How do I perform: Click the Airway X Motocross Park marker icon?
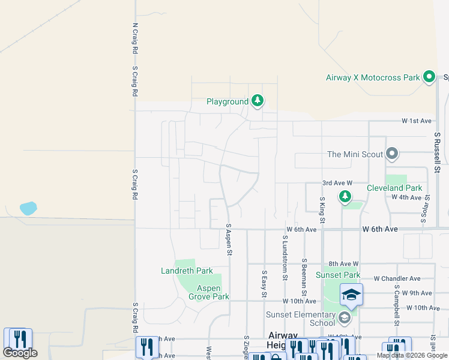(429, 77)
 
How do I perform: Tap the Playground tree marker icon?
(258, 101)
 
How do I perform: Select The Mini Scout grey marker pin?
(392, 154)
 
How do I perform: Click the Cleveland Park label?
(394, 188)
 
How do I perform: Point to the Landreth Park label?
(187, 271)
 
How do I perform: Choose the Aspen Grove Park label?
(208, 292)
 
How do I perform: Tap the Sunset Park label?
(342, 275)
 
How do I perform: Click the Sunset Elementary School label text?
(301, 319)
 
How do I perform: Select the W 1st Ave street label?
(417, 121)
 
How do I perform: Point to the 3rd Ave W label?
(336, 182)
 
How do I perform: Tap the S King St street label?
(322, 211)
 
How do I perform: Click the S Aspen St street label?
(229, 240)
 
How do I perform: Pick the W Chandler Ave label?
(397, 278)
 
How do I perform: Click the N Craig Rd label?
(134, 40)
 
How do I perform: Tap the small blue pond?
(28, 208)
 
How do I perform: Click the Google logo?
(20, 352)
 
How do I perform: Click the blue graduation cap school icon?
(351, 294)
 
